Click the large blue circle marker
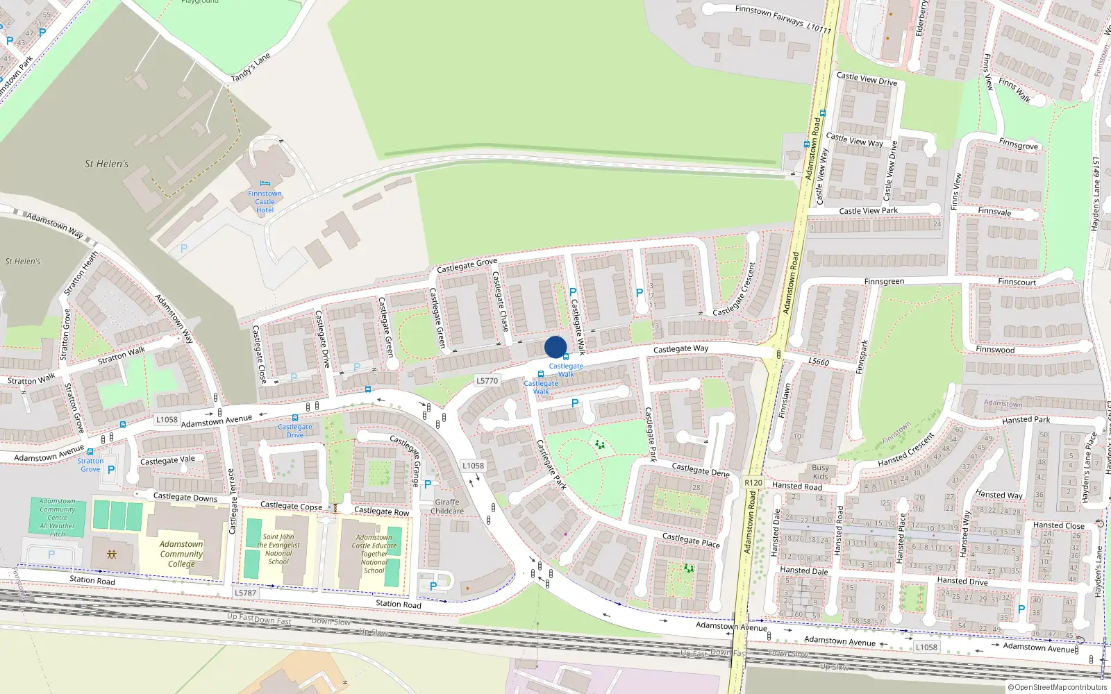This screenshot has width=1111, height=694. [555, 347]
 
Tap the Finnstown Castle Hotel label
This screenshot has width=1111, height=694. [265, 202]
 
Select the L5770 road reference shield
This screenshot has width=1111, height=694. [487, 380]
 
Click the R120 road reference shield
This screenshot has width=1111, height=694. [753, 482]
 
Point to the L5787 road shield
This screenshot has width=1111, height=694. [245, 593]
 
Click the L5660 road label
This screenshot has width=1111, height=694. [819, 362]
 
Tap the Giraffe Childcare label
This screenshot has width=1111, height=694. [447, 507]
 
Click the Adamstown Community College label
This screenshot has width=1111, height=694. [181, 554]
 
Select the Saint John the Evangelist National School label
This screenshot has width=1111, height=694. [278, 549]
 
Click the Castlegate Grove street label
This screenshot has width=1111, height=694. [467, 266]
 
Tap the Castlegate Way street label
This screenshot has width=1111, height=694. [680, 348]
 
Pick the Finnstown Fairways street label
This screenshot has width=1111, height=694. [783, 19]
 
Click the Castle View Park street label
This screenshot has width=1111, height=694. [868, 210]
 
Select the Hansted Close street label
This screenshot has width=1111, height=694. [1058, 525]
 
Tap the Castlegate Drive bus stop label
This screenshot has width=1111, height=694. [295, 431]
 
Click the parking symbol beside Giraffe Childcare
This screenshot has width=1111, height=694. [428, 484]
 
